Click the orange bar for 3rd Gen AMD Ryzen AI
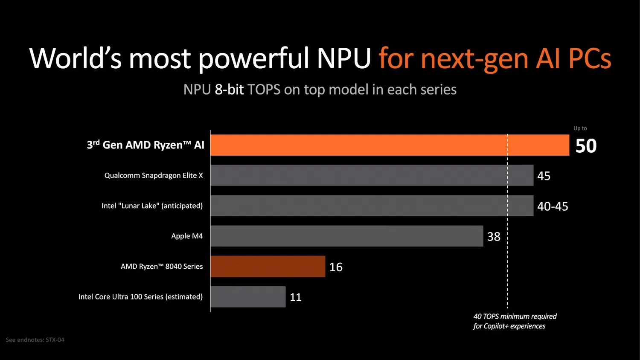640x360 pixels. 390,145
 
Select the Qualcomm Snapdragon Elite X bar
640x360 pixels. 372,175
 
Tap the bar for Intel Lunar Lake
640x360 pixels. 372,206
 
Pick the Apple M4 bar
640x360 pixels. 346,236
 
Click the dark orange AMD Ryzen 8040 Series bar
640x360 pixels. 268,266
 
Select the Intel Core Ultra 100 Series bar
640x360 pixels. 248,296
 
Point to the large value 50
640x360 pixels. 586,146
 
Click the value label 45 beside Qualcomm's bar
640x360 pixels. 544,176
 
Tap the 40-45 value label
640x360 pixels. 553,206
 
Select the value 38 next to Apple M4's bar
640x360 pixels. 494,237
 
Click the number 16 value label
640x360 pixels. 336,267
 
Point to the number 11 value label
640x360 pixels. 296,297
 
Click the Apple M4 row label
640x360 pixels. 187,236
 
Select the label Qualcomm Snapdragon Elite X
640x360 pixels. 154,175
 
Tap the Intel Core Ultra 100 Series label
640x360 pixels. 140,296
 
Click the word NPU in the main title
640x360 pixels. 344,58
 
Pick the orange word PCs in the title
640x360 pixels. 590,58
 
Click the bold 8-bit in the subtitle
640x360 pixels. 229,90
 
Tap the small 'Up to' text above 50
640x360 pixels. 580,128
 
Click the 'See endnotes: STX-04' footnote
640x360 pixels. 35,340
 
